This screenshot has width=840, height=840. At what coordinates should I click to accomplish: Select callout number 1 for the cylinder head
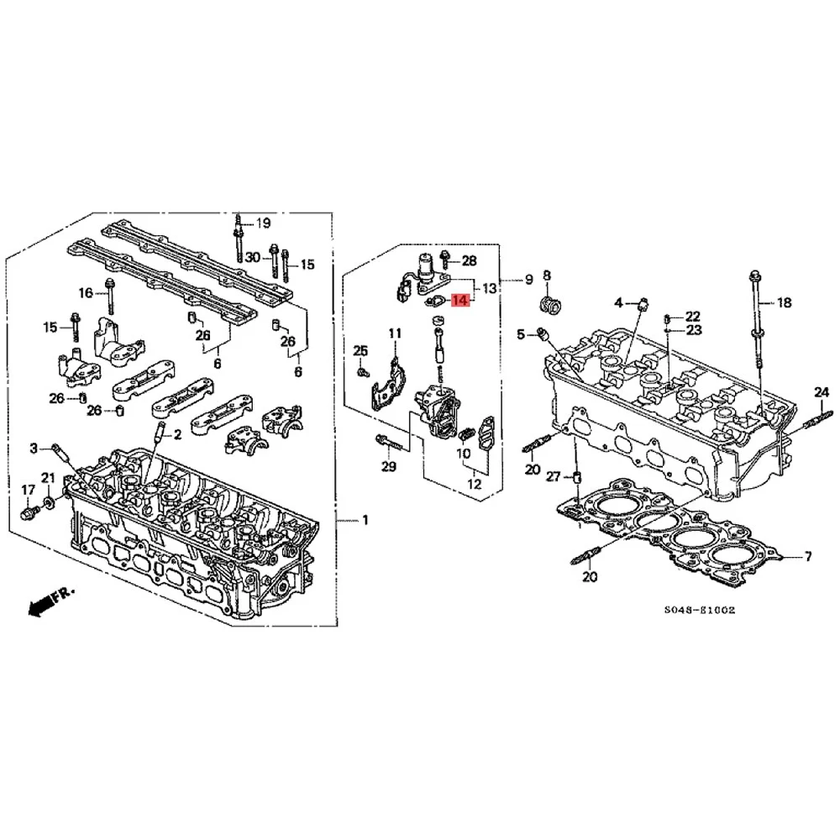(x=365, y=521)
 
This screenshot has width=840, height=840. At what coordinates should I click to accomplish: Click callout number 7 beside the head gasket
(x=807, y=556)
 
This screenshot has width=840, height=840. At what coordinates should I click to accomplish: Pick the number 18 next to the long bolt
(x=784, y=302)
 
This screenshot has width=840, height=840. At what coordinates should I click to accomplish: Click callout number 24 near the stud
(x=821, y=391)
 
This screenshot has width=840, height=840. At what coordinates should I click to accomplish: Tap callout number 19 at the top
(x=264, y=223)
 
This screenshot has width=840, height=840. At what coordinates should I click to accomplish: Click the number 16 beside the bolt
(x=86, y=292)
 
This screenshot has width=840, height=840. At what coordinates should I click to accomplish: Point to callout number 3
(x=34, y=448)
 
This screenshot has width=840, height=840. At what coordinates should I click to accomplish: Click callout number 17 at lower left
(x=28, y=490)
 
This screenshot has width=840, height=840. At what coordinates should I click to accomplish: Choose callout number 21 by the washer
(x=48, y=478)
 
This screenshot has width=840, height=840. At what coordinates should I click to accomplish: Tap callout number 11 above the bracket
(x=395, y=334)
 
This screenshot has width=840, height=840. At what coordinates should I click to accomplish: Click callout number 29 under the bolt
(x=387, y=466)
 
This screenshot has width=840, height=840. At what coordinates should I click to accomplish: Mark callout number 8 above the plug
(x=546, y=276)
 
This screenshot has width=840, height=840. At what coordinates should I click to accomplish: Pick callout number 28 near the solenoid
(x=469, y=261)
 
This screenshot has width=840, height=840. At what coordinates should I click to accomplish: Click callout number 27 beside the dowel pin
(x=553, y=477)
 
